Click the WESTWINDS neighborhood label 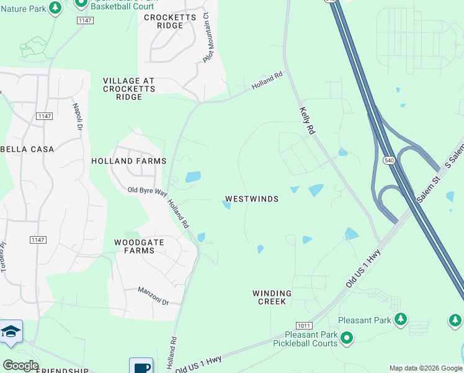[251, 199]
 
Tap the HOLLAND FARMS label [129, 161]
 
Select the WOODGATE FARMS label [134, 246]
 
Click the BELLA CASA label [27, 149]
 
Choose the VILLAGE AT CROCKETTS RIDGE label [128, 89]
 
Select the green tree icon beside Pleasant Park [401, 320]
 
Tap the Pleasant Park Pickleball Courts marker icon [346, 339]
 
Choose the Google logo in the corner [20, 366]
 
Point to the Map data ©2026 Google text [425, 368]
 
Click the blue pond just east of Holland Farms [193, 177]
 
